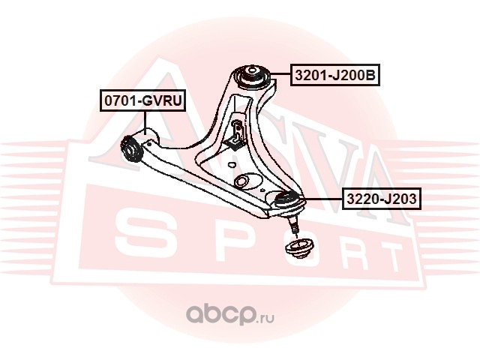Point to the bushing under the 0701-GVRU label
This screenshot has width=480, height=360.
click(x=133, y=145)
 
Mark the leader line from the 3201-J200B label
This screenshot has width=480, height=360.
click(x=277, y=76)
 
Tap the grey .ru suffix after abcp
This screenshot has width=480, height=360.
click(x=266, y=316)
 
